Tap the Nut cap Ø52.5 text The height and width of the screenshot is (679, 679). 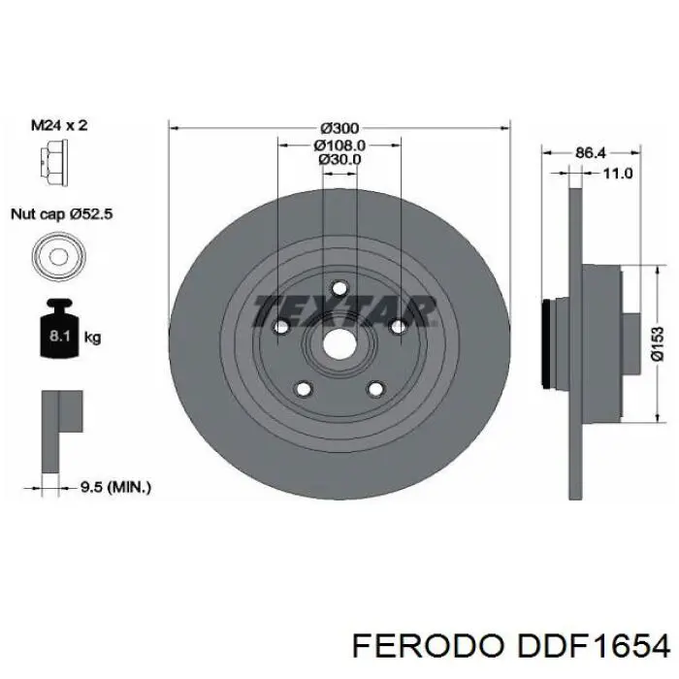61,215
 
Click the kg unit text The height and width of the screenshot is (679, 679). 93,338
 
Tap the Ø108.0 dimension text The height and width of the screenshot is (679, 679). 338,145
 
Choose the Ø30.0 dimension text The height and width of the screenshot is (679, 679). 339,160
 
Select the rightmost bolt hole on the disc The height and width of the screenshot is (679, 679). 397,328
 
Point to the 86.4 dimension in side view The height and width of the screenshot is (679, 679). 591,153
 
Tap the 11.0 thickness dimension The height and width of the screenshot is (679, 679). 618,174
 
